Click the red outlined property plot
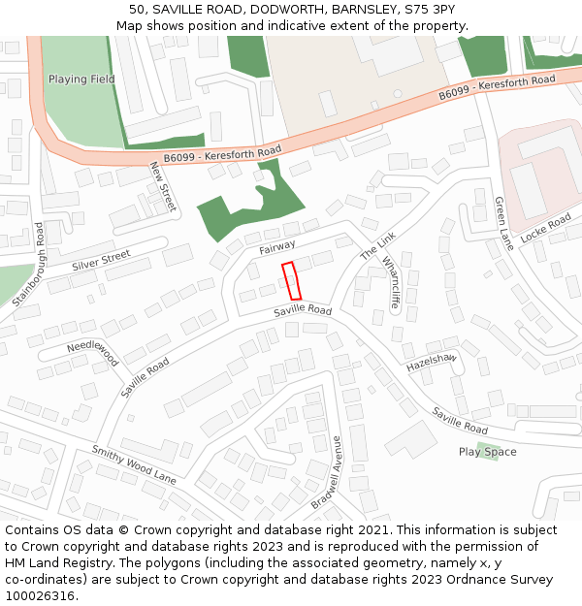[291, 280]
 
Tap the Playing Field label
[81, 80]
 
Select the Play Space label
[487, 452]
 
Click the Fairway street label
[277, 248]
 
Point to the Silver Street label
[101, 259]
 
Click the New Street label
[162, 186]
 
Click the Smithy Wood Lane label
[134, 465]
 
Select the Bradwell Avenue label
[327, 473]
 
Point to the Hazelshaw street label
[431, 361]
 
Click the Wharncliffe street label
[391, 282]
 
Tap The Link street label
[378, 245]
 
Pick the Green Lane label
[503, 223]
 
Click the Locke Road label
[546, 229]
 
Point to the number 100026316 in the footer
[40, 596]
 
